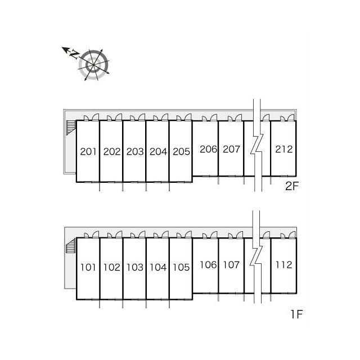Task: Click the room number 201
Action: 88,151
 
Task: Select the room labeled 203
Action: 135,151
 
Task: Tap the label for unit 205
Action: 181,151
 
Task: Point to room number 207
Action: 231,149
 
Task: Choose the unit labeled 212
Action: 284,149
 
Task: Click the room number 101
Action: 88,267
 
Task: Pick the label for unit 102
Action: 112,267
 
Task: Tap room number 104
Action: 158,267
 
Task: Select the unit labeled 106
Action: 208,265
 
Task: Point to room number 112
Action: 284,265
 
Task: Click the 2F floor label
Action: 291,186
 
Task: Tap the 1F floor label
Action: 297,314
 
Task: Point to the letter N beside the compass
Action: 74,54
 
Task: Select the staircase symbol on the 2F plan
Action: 71,128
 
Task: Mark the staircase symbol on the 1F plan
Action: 71,246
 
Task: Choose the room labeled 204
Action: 158,151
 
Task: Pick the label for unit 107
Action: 231,265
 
